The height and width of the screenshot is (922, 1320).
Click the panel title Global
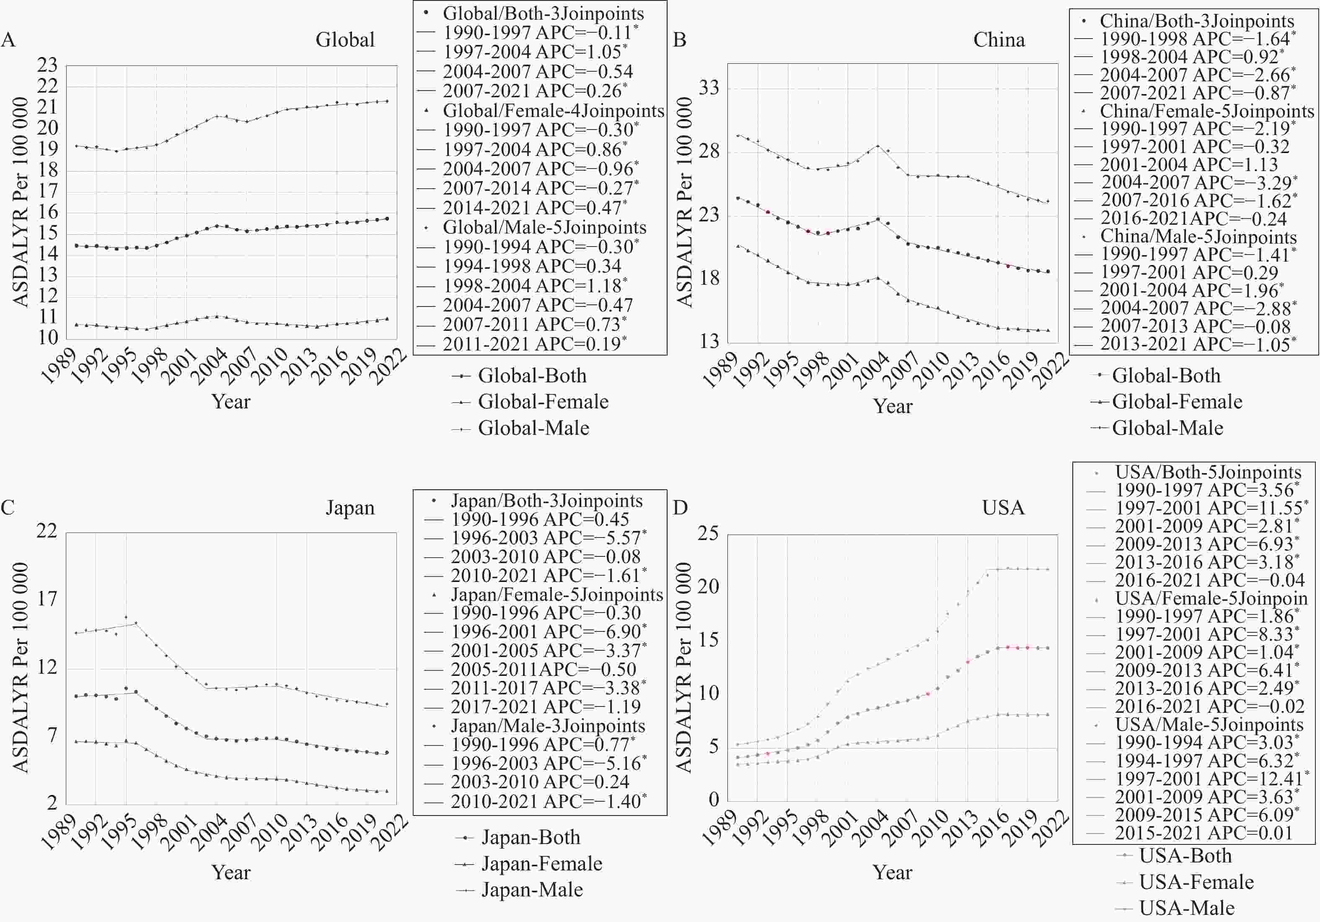click(345, 40)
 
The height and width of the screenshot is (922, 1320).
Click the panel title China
click(999, 40)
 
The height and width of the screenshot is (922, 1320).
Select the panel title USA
click(1003, 507)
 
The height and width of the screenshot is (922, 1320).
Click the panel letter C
click(8, 507)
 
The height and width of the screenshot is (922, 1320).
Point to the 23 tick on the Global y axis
click(48, 65)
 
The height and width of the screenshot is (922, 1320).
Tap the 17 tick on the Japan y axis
click(48, 599)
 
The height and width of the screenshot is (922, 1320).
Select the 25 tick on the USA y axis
click(708, 533)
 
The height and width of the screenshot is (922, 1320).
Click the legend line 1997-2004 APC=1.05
click(535, 52)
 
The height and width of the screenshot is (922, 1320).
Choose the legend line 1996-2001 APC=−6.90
click(548, 631)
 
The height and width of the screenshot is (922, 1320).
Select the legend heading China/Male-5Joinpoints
click(1198, 236)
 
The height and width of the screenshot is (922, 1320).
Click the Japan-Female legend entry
click(541, 863)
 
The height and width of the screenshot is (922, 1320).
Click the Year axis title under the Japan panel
click(230, 872)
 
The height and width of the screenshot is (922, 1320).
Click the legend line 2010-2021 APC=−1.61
click(548, 575)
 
